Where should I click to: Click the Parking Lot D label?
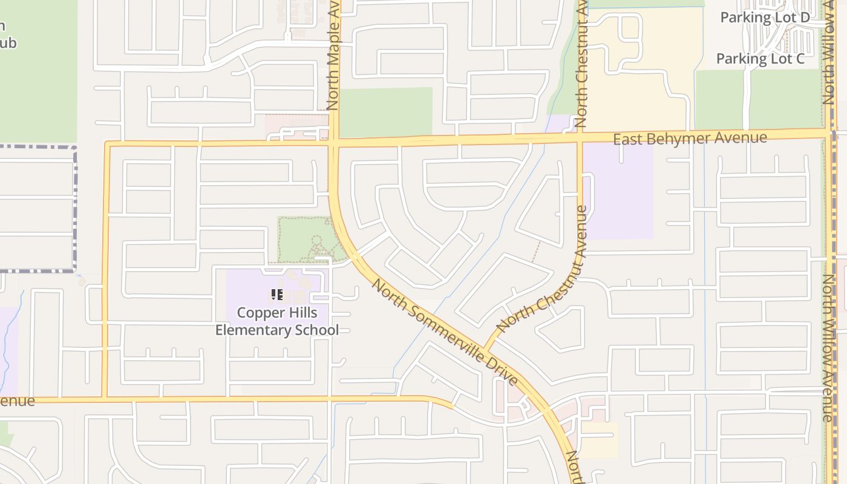click(x=765, y=18)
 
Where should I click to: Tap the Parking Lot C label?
click(x=760, y=59)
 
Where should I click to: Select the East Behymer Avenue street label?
click(x=690, y=139)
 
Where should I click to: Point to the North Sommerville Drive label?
click(x=445, y=332)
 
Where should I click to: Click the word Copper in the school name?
click(x=260, y=313)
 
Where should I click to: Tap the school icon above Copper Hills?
click(x=277, y=295)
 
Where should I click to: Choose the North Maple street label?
click(x=333, y=57)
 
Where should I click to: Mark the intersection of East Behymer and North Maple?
click(x=334, y=143)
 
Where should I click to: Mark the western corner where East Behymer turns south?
click(x=107, y=145)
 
